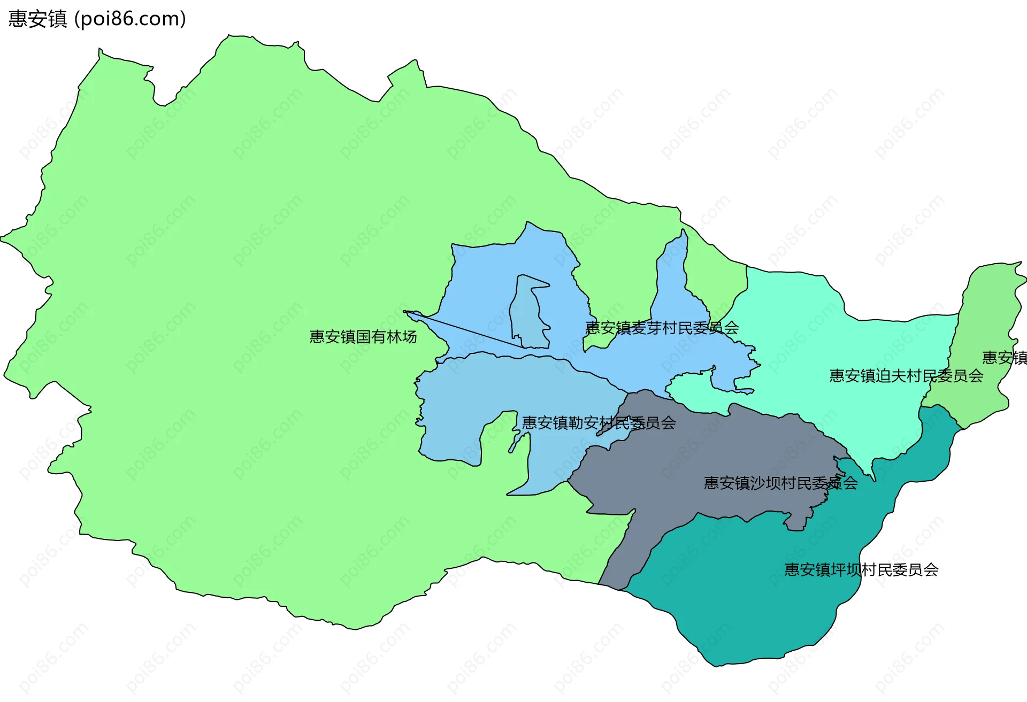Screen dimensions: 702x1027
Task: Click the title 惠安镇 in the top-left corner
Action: [x=37, y=19]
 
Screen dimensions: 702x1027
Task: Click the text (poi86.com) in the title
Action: [x=130, y=19]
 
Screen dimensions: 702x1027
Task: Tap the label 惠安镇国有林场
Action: [x=363, y=337]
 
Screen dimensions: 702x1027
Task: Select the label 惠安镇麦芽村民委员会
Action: [x=662, y=328]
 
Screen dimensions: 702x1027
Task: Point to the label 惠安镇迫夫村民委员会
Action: [x=906, y=376]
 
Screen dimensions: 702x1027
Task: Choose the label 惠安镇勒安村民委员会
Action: [x=599, y=423]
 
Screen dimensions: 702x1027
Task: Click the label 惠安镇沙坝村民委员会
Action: [x=780, y=483]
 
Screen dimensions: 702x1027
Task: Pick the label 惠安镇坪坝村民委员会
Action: [x=861, y=570]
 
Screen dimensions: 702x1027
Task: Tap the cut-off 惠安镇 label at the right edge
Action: [x=1005, y=358]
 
